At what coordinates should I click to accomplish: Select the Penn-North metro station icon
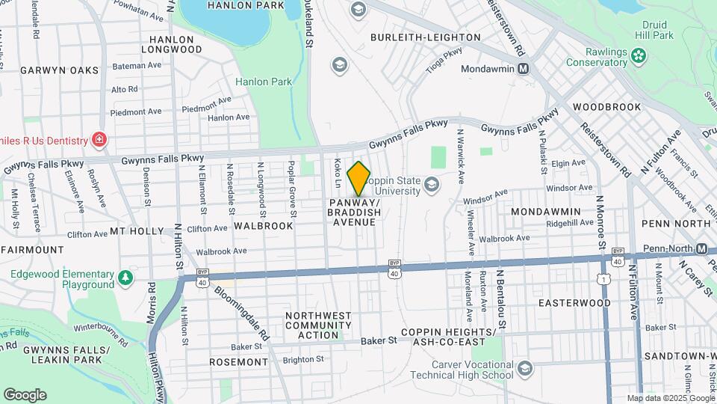[x=701, y=248]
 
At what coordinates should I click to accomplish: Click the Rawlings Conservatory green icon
[x=638, y=55]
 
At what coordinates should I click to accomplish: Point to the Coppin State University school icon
[x=431, y=184]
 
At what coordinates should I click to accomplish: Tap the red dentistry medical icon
[x=98, y=138]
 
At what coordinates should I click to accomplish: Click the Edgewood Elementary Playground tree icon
[x=126, y=279]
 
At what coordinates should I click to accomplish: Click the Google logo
[x=25, y=395]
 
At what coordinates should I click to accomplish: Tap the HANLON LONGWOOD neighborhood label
[x=176, y=44]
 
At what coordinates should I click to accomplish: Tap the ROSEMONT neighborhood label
[x=239, y=362]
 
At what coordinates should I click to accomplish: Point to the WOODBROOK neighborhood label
[x=607, y=107]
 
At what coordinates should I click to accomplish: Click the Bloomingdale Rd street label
[x=240, y=312]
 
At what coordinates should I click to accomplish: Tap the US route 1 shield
[x=602, y=279]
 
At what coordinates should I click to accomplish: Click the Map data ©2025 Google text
[x=670, y=398]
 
